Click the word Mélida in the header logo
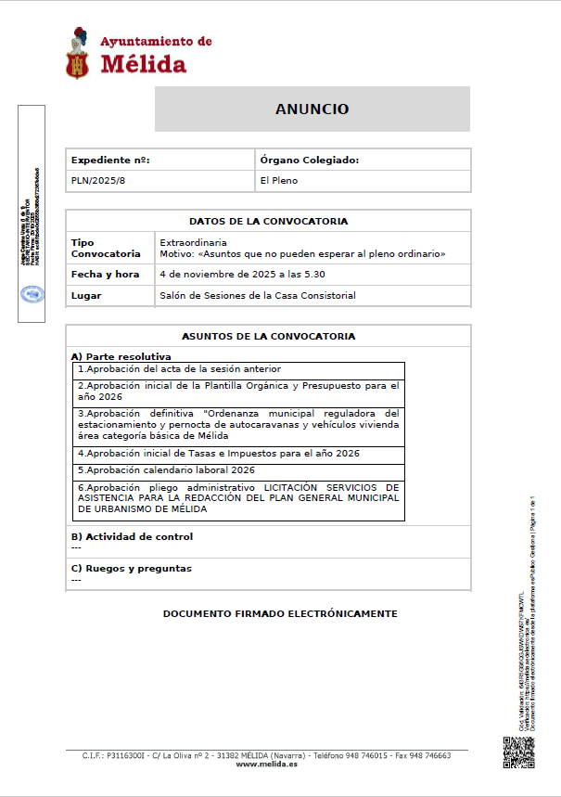[x=143, y=64]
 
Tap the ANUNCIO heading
[x=312, y=109]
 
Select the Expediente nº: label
[x=110, y=161]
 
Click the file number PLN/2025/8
[x=97, y=180]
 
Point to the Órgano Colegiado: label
[x=309, y=161]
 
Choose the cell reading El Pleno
[x=279, y=180]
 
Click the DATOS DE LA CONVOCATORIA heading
[x=268, y=222]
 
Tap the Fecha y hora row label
[x=105, y=275]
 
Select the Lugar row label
[x=86, y=296]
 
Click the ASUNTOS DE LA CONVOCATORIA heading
[x=268, y=337]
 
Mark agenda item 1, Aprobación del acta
[x=179, y=369]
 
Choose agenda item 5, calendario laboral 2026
[x=166, y=470]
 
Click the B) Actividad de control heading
[x=132, y=536]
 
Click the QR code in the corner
[x=517, y=752]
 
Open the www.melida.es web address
[x=267, y=765]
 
